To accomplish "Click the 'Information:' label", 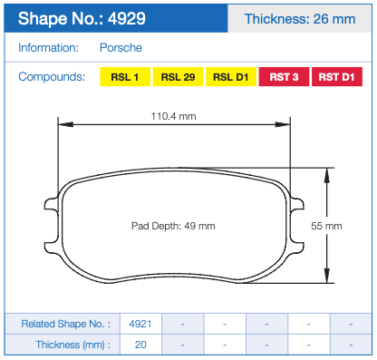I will (x=48, y=47).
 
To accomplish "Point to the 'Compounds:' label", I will (x=53, y=77).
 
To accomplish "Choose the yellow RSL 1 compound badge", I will (x=124, y=77).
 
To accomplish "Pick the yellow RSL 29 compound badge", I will (x=178, y=77).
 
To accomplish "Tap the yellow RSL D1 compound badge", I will (x=231, y=77).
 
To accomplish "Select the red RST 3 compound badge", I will (x=285, y=77).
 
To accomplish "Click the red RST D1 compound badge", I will (x=337, y=77).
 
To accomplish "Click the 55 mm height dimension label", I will (x=326, y=225).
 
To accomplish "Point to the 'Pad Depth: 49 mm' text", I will (x=174, y=225).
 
